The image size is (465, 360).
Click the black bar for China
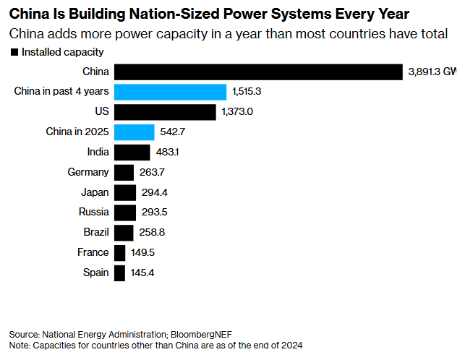(x=258, y=72)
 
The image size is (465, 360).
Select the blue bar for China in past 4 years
(x=171, y=92)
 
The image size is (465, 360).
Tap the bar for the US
(x=165, y=112)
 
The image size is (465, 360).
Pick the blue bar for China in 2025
(x=135, y=132)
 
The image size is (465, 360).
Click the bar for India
(x=132, y=152)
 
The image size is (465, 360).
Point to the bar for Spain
(x=120, y=273)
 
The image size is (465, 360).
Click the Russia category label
(x=94, y=213)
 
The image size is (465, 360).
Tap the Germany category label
(x=88, y=172)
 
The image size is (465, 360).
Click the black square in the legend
(x=14, y=52)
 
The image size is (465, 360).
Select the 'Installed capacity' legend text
(x=62, y=52)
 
